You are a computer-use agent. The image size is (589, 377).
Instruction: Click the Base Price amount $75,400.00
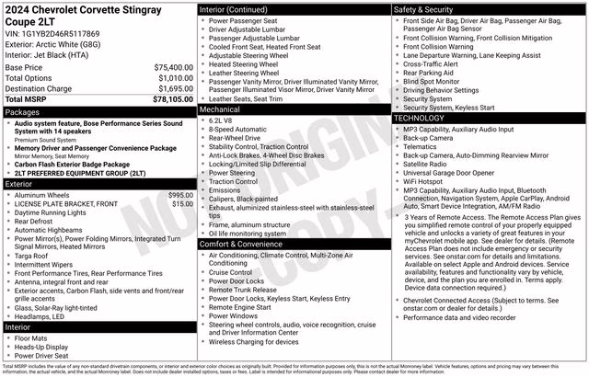click(174, 67)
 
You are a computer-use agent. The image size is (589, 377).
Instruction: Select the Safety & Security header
click(426, 9)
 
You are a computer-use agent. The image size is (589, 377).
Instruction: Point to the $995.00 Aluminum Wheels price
click(180, 195)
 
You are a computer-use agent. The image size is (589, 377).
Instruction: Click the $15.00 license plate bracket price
click(183, 203)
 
